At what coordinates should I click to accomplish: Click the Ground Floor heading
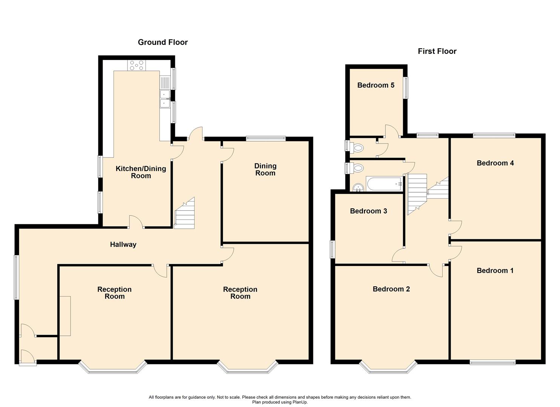click(163, 42)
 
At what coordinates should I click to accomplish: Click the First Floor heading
click(437, 51)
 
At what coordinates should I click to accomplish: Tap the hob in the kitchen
click(137, 66)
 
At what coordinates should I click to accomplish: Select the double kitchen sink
click(164, 98)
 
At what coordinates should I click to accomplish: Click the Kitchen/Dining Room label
click(141, 172)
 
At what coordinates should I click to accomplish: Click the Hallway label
click(123, 245)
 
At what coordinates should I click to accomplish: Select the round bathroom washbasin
click(357, 187)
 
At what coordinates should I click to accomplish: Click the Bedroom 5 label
click(376, 85)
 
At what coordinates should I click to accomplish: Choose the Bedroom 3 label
click(368, 211)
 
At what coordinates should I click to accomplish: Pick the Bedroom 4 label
click(495, 163)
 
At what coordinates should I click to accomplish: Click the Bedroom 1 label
click(495, 271)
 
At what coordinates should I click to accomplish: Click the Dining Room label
click(265, 170)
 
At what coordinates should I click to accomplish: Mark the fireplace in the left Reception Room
click(65, 316)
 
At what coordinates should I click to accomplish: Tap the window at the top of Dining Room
click(265, 138)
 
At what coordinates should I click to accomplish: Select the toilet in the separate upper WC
click(356, 148)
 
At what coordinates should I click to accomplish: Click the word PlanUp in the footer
click(299, 402)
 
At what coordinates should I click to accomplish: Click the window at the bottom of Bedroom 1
click(492, 363)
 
